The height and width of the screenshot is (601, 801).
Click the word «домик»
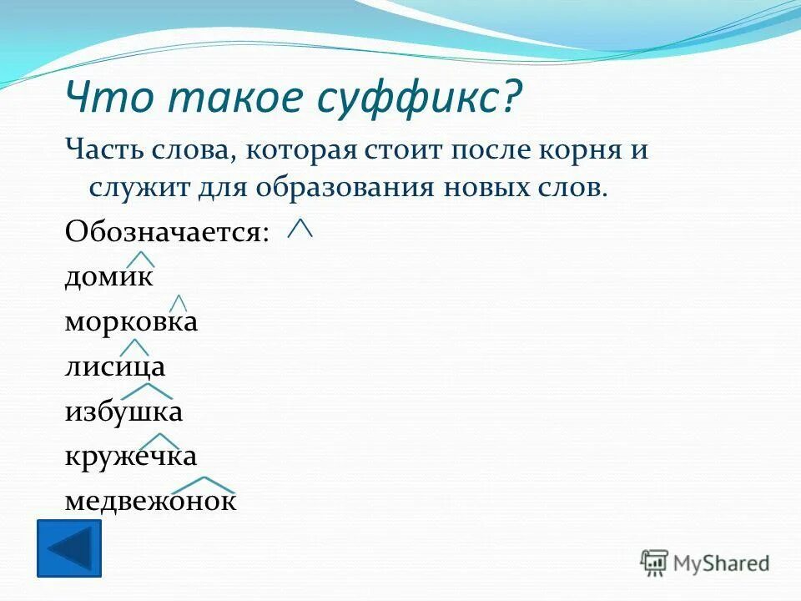108,276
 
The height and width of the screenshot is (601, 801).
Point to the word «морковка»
131,321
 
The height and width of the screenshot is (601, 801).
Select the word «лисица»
115,366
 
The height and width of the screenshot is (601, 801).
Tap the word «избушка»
123,412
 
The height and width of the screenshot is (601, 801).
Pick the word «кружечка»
131,456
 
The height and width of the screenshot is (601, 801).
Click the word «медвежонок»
150,501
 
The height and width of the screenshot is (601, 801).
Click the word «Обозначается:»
167,231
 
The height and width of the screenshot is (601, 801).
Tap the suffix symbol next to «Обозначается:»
300,227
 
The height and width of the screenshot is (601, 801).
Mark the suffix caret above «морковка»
178,303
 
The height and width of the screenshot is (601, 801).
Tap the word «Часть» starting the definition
100,152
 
